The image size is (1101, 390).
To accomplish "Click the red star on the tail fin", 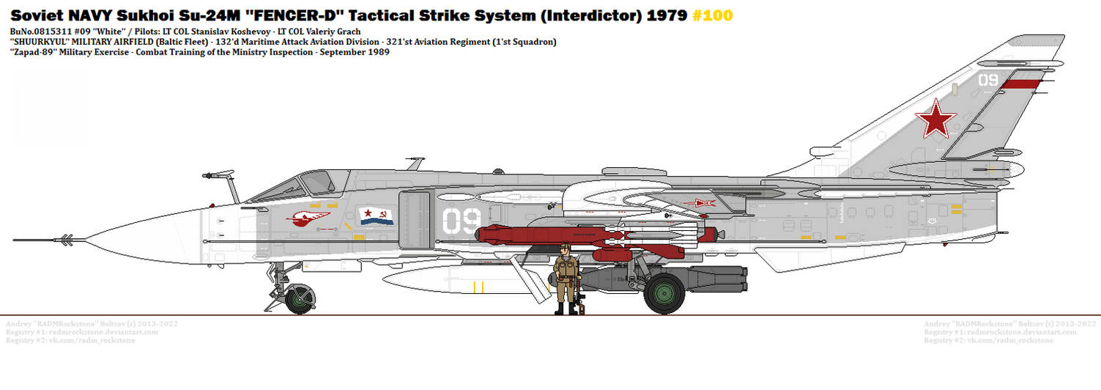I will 935,120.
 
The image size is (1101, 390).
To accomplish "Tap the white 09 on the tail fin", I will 988,80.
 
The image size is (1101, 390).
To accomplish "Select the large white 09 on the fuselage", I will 461,221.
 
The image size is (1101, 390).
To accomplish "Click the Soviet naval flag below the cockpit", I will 377,216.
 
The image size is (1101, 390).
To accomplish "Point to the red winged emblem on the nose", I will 308,217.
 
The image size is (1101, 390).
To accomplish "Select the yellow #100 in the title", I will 711,15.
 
